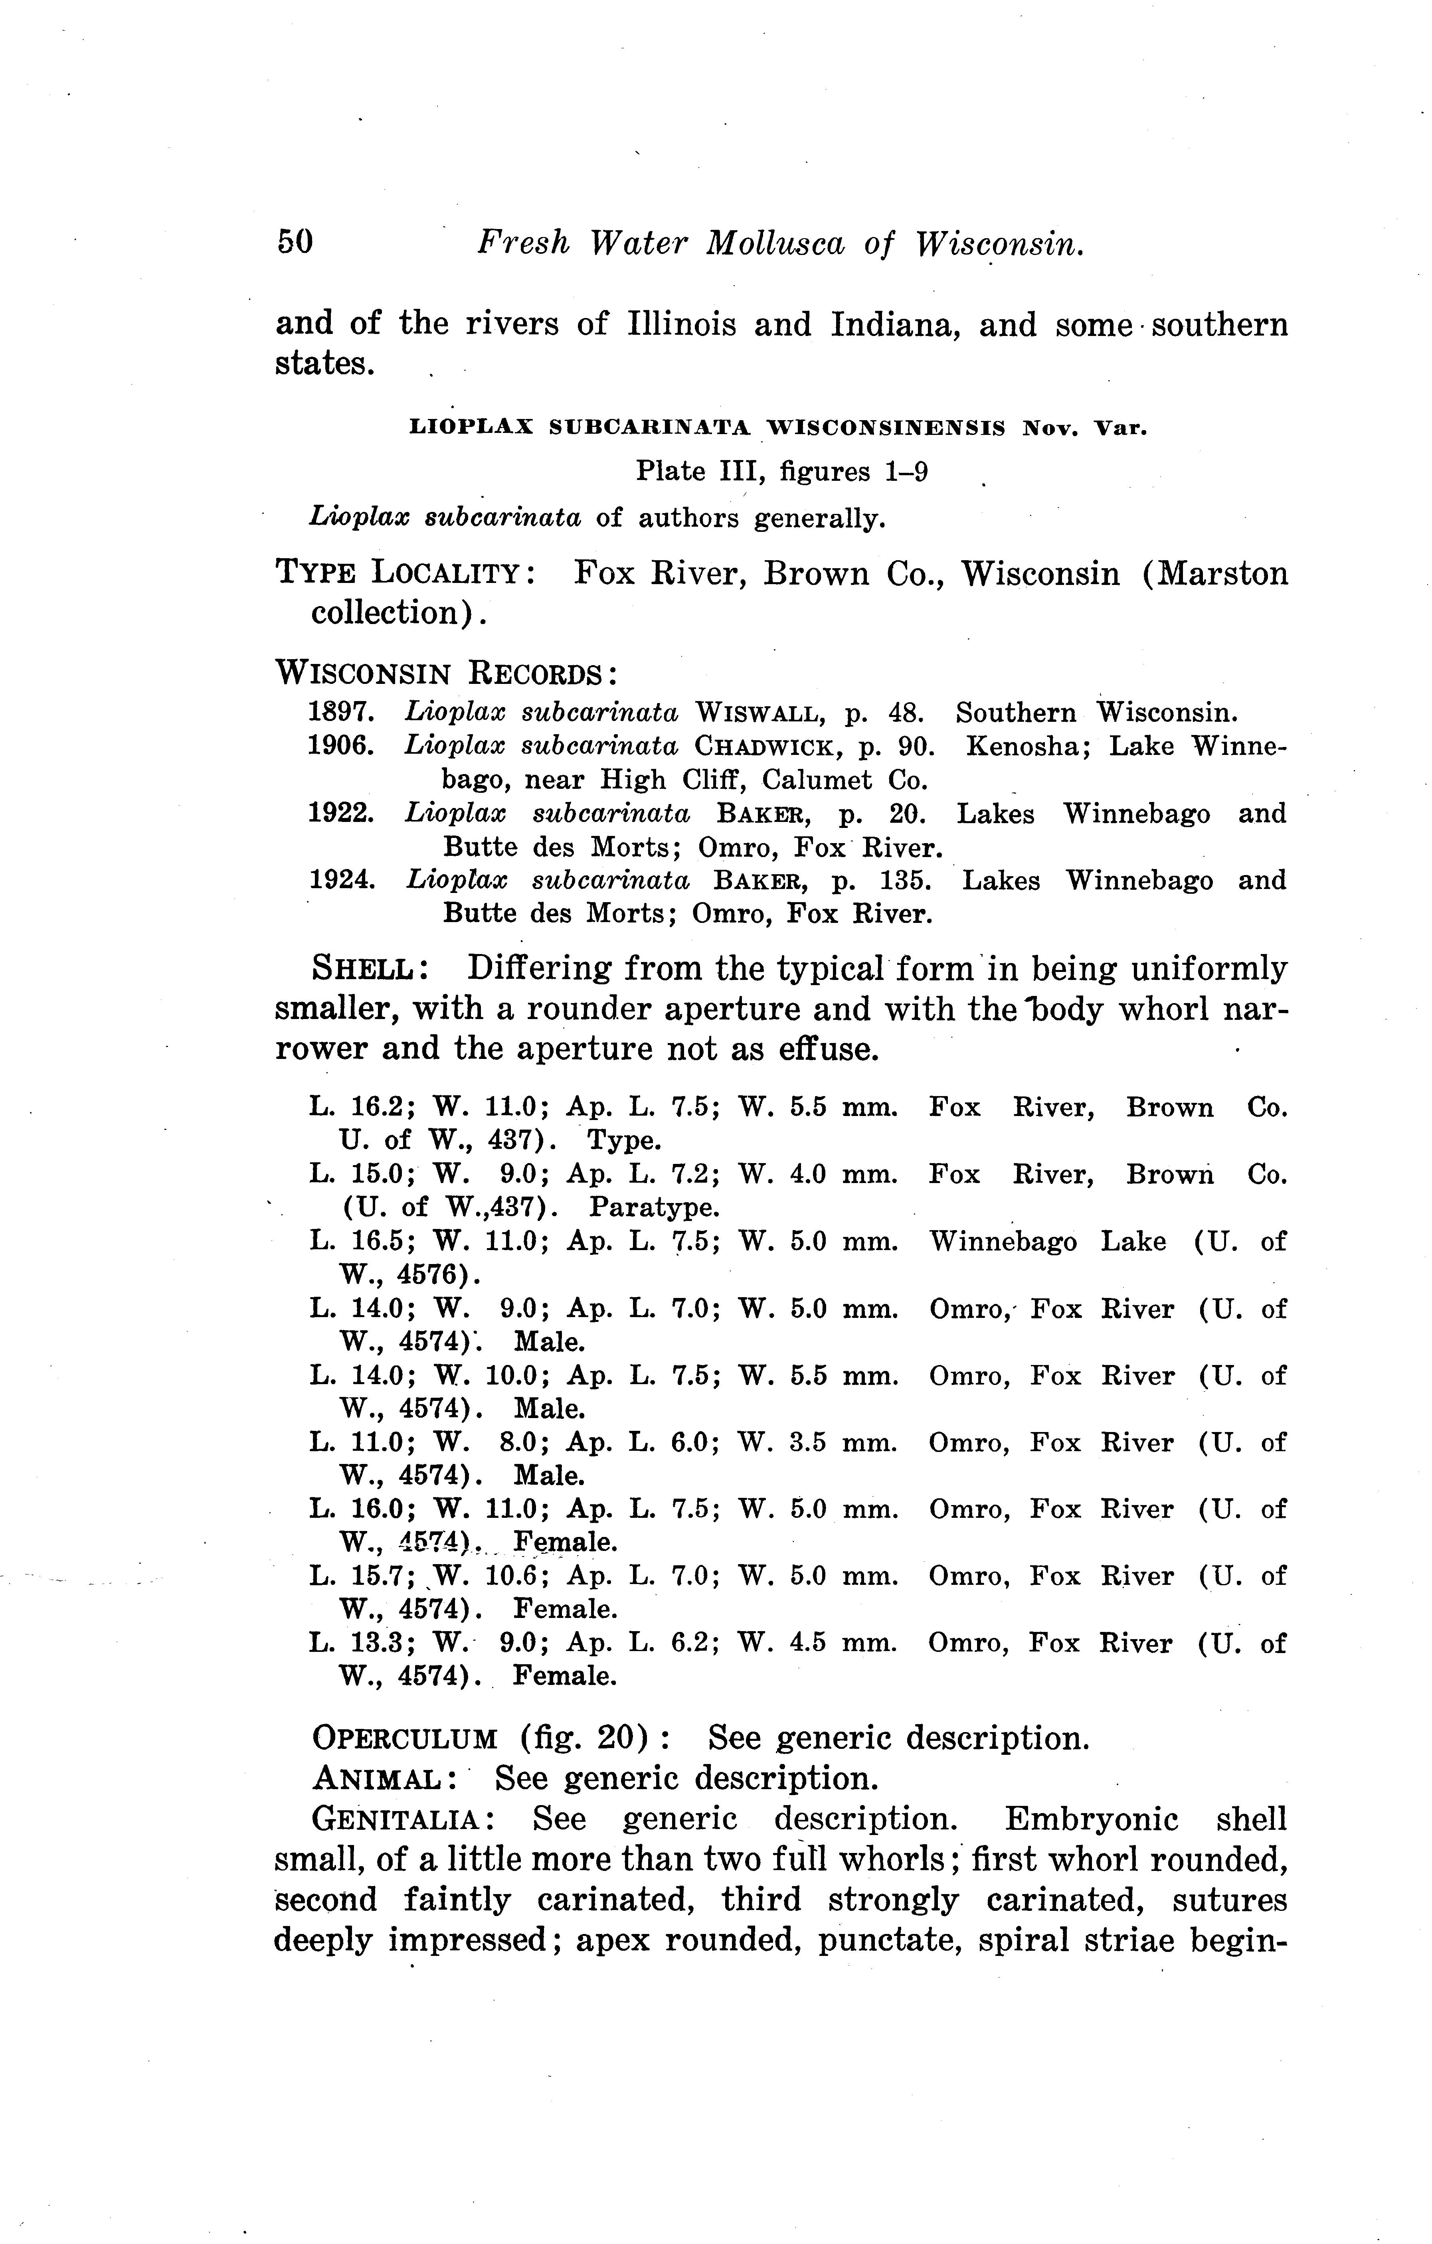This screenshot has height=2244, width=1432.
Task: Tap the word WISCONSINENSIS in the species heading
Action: [x=886, y=429]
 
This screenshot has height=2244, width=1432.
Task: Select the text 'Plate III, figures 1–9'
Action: [x=781, y=472]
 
